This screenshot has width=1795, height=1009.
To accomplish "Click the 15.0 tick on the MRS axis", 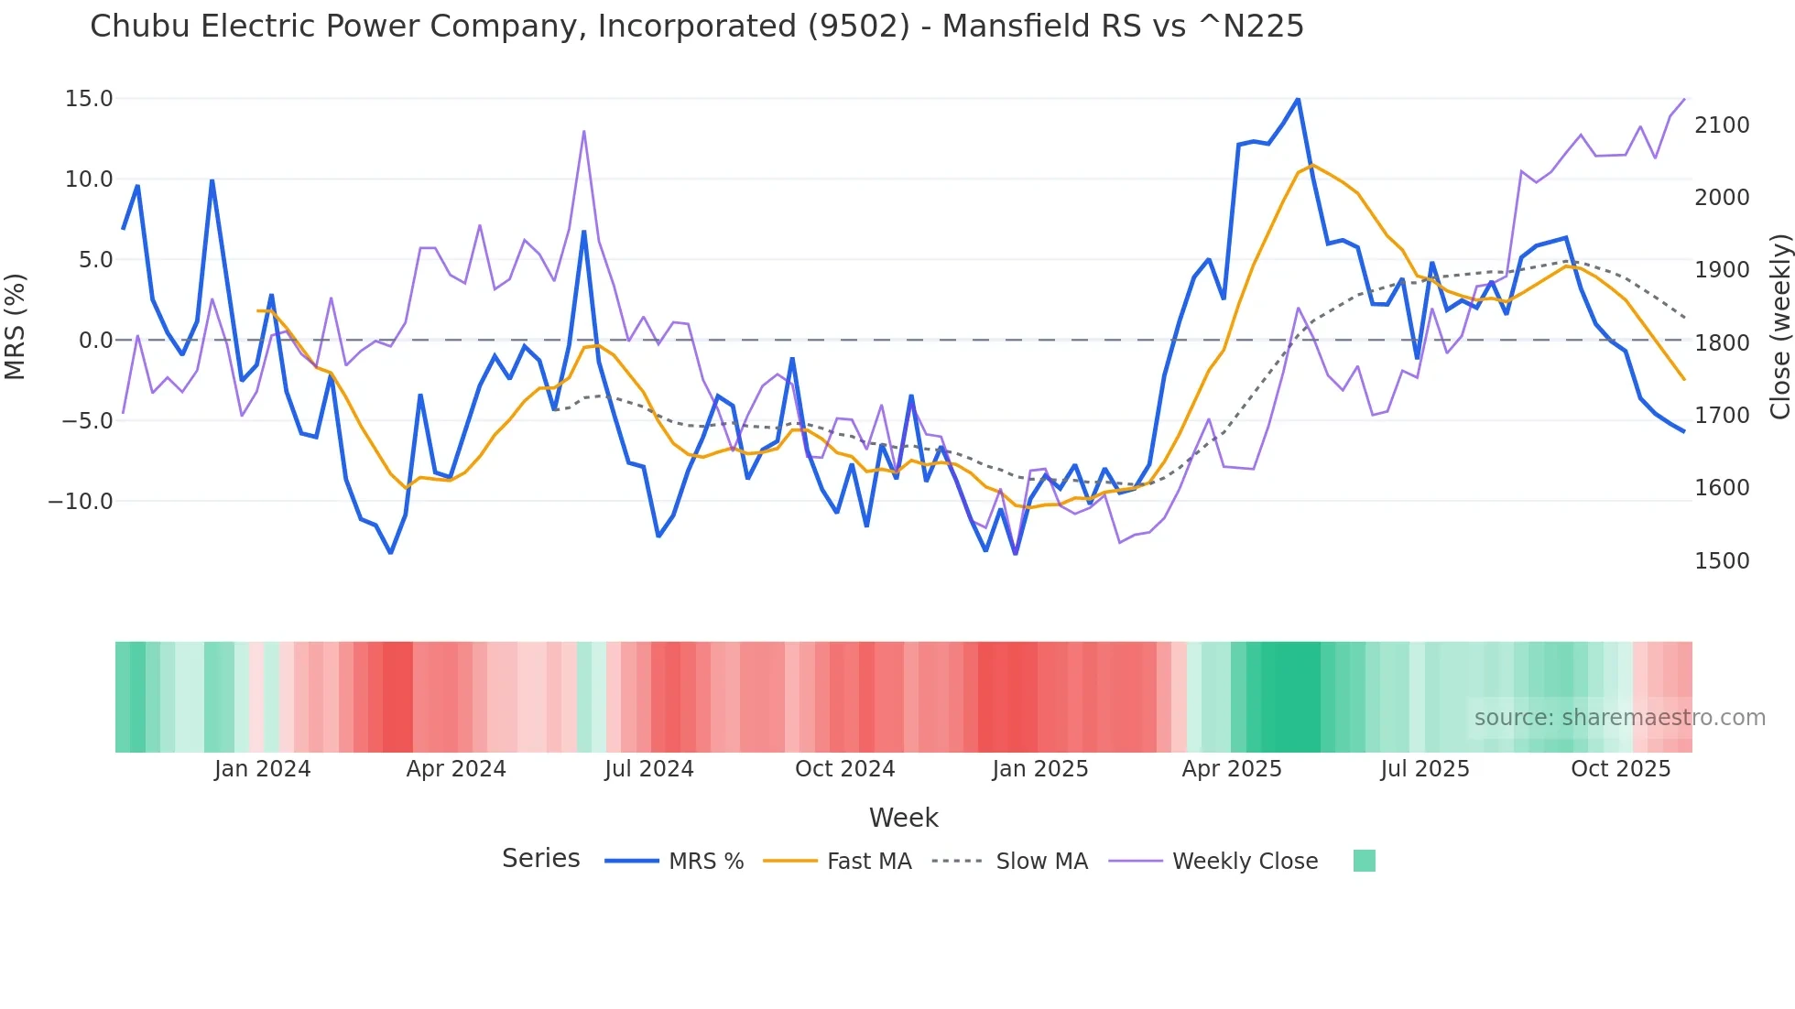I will pyautogui.click(x=89, y=99).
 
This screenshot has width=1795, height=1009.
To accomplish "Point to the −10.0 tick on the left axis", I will pyautogui.click(x=81, y=502).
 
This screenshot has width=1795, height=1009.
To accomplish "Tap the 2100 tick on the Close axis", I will pyautogui.click(x=1721, y=125).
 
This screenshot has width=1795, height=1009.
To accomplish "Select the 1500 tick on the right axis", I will pyautogui.click(x=1721, y=561).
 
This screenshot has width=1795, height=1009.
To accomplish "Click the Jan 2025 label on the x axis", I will pyautogui.click(x=1039, y=769).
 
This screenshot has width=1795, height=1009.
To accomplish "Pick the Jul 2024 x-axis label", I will pyautogui.click(x=648, y=769).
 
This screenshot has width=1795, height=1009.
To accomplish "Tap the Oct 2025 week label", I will pyautogui.click(x=1620, y=769).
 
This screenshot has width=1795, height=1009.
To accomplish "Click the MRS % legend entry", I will pyautogui.click(x=705, y=862).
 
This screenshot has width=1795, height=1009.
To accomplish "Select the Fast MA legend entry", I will pyautogui.click(x=868, y=862).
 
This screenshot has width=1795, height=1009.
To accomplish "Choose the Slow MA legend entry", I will pyautogui.click(x=1041, y=862).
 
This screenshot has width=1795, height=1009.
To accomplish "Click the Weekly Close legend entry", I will pyautogui.click(x=1245, y=862).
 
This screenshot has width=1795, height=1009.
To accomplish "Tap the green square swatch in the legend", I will pyautogui.click(x=1364, y=862).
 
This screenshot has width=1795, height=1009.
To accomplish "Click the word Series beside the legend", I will pyautogui.click(x=540, y=859).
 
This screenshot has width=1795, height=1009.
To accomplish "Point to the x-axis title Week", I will pyautogui.click(x=903, y=818).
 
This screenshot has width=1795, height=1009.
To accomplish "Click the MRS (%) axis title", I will pyautogui.click(x=16, y=326).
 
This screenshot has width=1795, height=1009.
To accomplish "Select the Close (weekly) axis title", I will pyautogui.click(x=1779, y=326).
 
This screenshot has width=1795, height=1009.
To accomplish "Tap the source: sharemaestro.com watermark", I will pyautogui.click(x=1619, y=718).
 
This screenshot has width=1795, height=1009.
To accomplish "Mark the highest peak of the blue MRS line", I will pyautogui.click(x=1298, y=99).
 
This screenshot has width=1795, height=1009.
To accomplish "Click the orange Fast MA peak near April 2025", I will pyautogui.click(x=1312, y=165).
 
